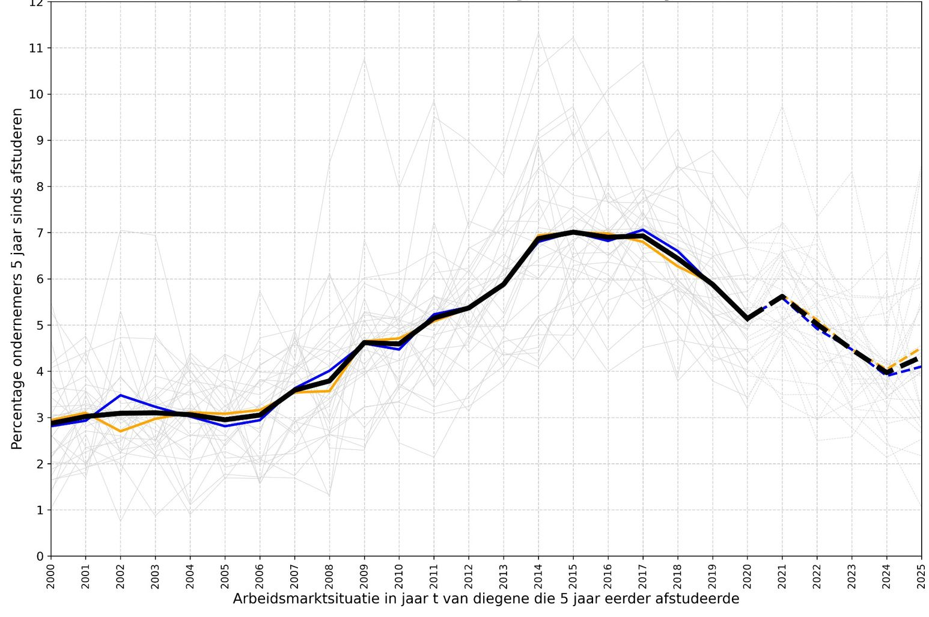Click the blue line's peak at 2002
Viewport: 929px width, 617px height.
[x=121, y=395]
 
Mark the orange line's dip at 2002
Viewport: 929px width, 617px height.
[x=121, y=431]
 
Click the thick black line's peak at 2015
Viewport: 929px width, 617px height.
[x=573, y=232]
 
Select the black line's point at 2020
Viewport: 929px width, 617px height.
[x=748, y=318]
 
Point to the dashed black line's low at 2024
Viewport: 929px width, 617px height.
[x=887, y=372]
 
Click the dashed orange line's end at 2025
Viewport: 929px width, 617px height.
[x=919, y=349]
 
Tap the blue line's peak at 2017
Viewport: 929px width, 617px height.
[x=643, y=229]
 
